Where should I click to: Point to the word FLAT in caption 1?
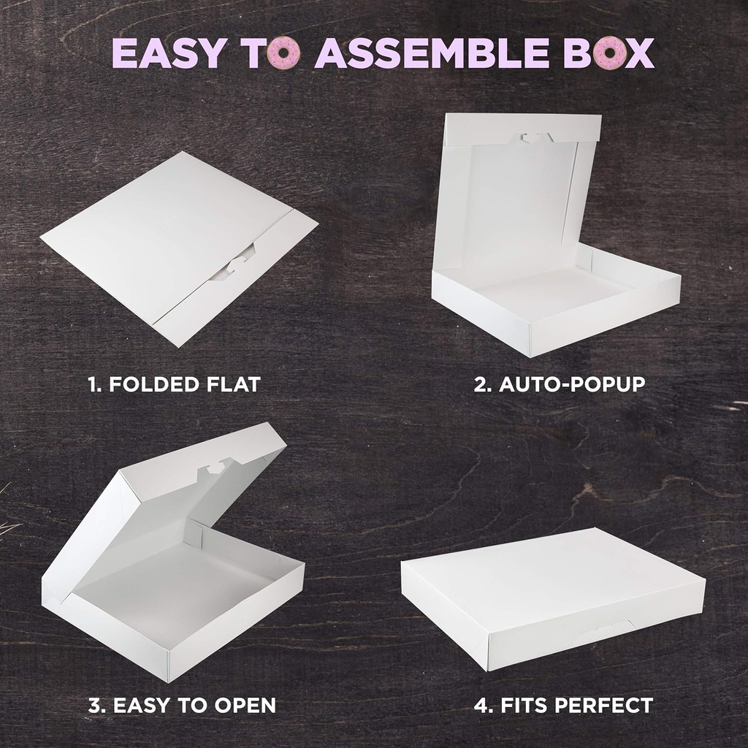234,384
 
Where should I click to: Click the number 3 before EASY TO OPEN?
94,706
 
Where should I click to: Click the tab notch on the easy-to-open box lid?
216,464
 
